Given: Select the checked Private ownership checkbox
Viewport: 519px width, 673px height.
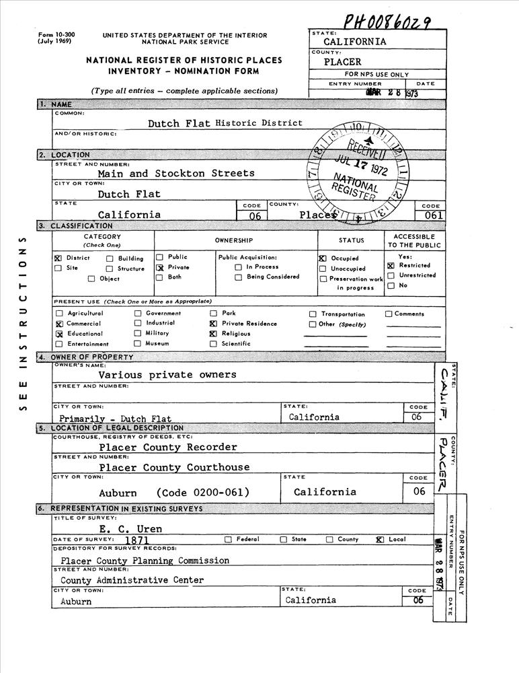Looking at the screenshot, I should click(160, 267).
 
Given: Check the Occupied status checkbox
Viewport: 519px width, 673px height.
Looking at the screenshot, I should click(323, 258).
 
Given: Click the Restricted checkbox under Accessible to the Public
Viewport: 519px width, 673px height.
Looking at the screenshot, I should click(391, 266).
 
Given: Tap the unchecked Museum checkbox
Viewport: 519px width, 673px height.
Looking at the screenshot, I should click(138, 344).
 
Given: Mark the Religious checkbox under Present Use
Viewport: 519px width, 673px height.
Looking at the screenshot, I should click(213, 334).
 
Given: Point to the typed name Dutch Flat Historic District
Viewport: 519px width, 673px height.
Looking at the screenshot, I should click(225, 123).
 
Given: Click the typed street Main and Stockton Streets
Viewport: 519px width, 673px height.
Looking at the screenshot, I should click(176, 173).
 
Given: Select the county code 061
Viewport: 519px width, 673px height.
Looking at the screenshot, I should click(430, 215).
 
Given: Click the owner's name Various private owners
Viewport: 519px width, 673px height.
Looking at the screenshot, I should click(167, 374).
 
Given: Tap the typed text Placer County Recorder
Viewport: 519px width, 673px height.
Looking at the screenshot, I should click(168, 447).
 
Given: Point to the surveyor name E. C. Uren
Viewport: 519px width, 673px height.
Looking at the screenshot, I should click(130, 529).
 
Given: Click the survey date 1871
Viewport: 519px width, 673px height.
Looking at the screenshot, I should click(136, 540).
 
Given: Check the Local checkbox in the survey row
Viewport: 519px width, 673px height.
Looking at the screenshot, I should click(380, 540).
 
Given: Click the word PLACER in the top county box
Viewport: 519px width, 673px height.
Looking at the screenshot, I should click(346, 62).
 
